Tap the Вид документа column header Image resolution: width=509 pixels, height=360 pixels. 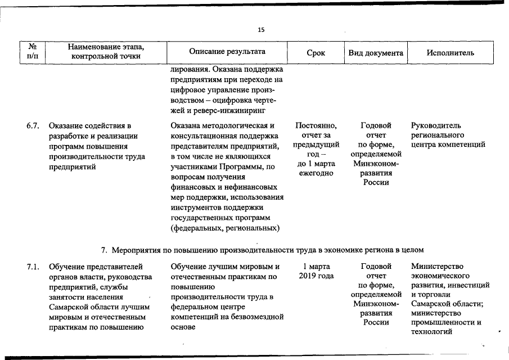(376, 53)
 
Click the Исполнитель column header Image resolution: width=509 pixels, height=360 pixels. (450, 53)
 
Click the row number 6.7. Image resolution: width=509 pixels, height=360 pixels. (33, 125)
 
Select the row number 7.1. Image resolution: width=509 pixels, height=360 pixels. (33, 266)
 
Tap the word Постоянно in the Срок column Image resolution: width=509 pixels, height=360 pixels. (316, 125)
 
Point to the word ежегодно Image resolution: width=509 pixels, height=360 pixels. (316, 173)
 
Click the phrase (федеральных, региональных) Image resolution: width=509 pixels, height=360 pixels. (226, 228)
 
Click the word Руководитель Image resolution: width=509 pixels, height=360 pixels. (436, 125)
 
